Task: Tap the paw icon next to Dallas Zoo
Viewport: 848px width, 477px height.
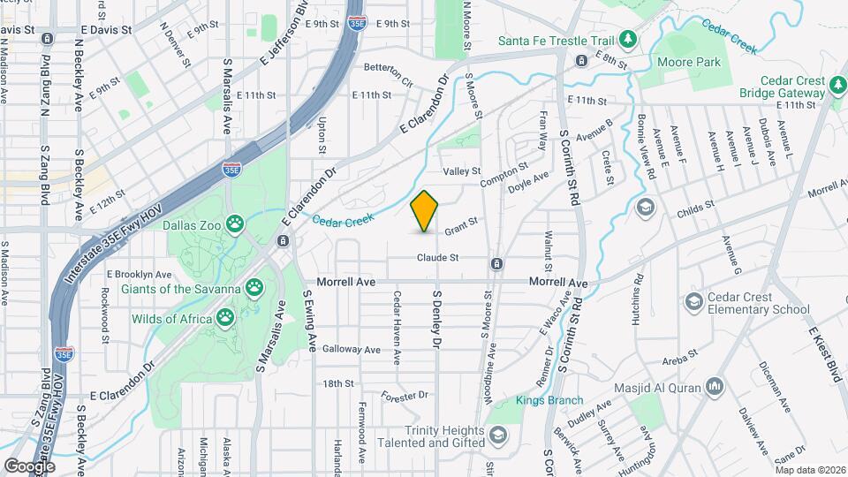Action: (235, 224)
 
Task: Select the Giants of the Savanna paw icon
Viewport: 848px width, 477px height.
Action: (255, 288)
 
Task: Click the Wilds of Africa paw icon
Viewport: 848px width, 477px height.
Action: (227, 318)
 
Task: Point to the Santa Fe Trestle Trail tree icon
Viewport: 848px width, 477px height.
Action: (628, 39)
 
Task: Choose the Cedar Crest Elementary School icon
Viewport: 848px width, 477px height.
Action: (693, 302)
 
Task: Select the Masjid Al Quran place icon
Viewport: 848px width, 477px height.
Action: (715, 387)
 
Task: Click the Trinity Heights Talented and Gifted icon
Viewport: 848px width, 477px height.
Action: (498, 435)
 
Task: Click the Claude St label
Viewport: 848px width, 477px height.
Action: (439, 258)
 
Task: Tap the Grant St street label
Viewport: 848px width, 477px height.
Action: (460, 226)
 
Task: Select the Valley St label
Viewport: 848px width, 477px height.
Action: (461, 170)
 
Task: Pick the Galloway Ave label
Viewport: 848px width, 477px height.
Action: (351, 350)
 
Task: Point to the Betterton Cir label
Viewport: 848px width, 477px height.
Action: (389, 74)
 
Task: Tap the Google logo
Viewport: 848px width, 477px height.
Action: (29, 466)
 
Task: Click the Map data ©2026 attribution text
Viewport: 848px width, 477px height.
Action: (809, 470)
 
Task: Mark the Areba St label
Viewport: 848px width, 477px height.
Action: (681, 352)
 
